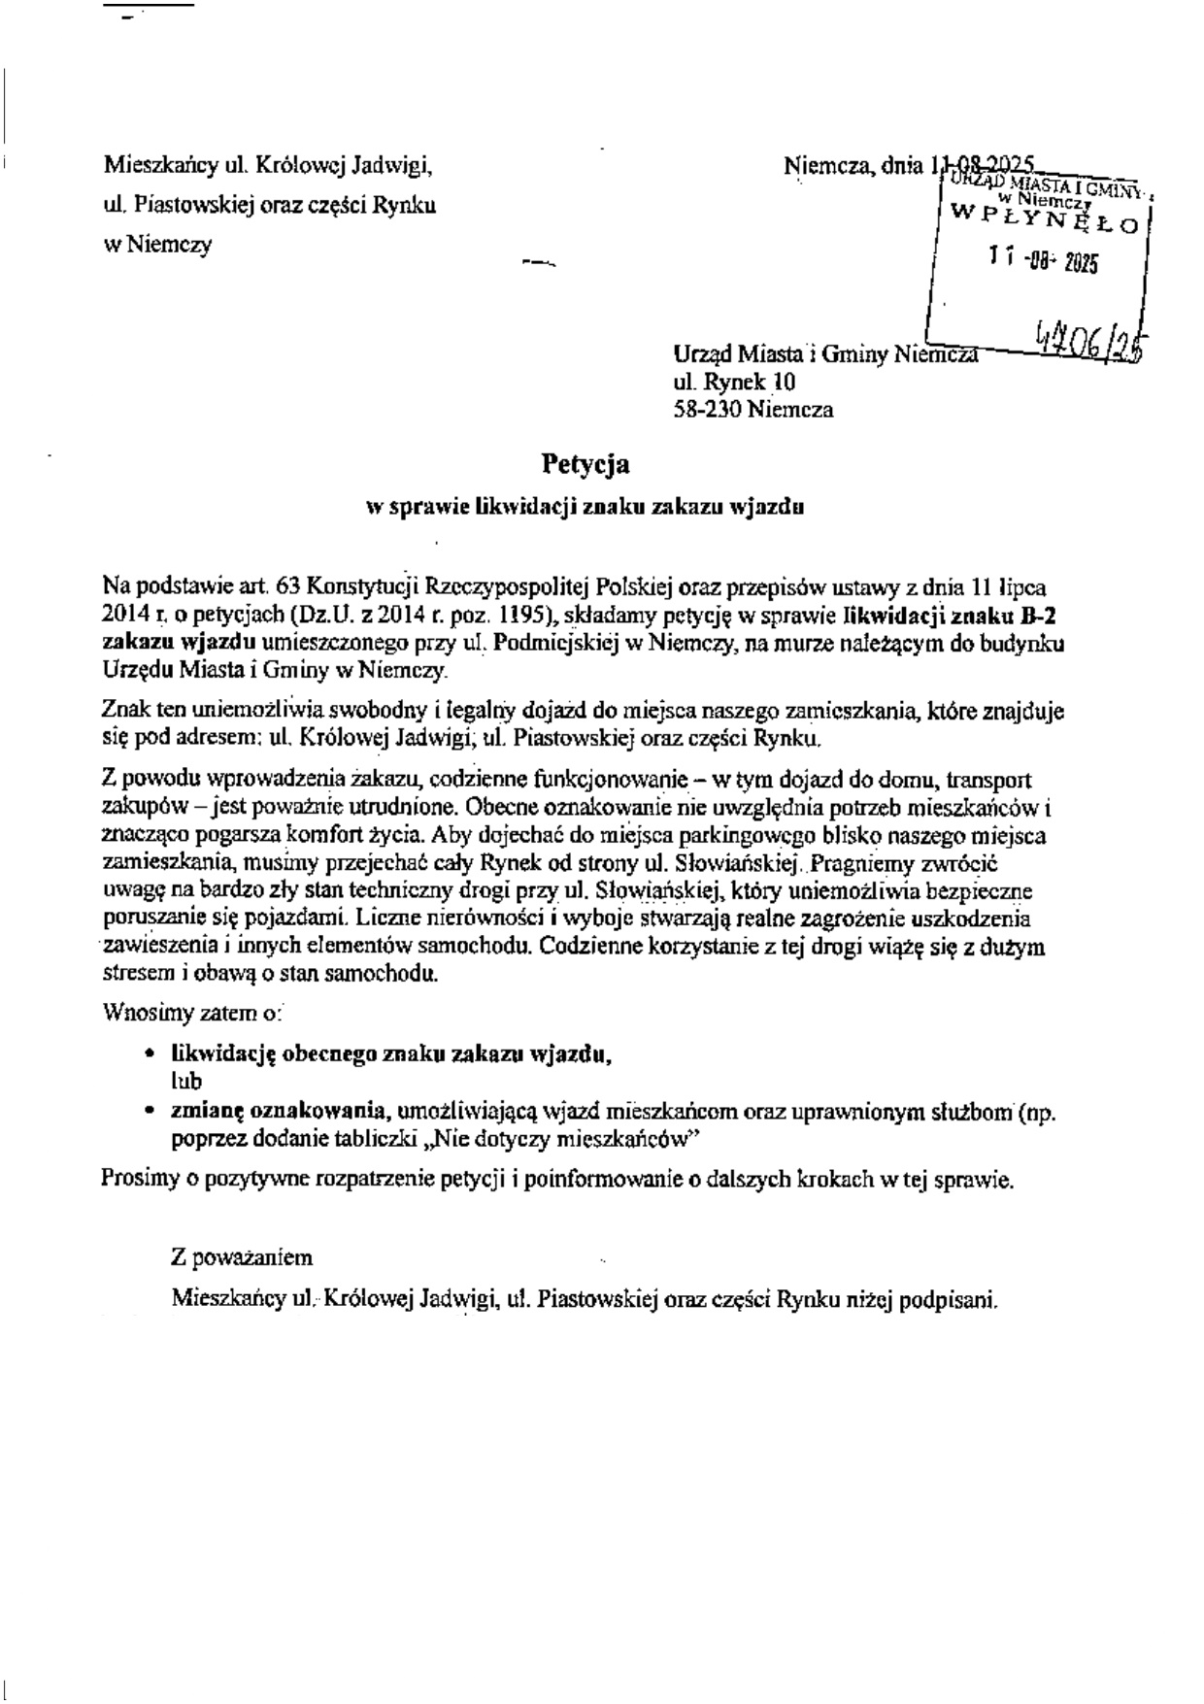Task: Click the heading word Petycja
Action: coord(585,465)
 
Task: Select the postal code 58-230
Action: coord(708,410)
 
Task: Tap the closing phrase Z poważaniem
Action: coord(242,1258)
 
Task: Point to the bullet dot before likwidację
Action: coord(148,1053)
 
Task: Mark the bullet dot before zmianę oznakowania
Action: coord(148,1111)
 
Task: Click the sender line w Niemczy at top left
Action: coord(156,245)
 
